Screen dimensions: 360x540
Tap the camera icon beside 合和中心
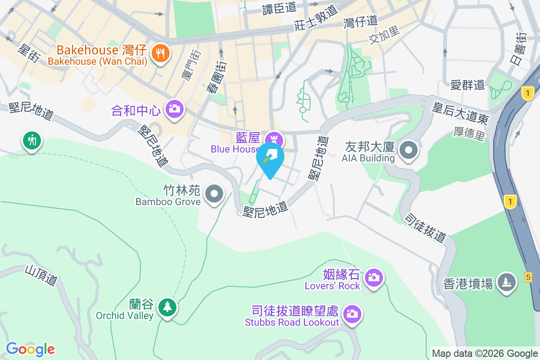[174, 109]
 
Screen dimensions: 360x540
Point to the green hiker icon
[31, 140]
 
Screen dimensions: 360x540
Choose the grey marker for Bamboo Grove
[214, 194]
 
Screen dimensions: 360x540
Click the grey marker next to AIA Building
[409, 151]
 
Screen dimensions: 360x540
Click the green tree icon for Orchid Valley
[167, 308]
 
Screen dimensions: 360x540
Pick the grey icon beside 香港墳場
[507, 282]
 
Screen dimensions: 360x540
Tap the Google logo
[30, 349]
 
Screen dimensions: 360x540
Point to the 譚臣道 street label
[279, 8]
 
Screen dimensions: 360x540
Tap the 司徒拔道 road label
[425, 228]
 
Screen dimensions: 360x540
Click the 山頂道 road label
[41, 274]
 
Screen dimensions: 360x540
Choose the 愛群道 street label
[468, 84]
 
